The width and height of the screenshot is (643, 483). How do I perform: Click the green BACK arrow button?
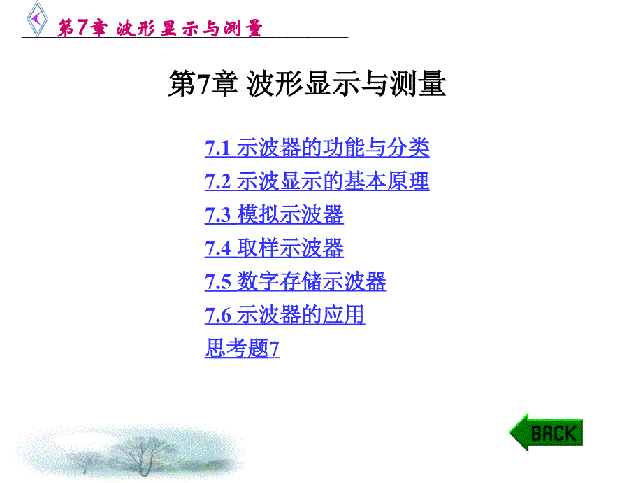point(546,433)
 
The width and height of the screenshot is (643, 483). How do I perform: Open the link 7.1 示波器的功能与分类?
point(317,148)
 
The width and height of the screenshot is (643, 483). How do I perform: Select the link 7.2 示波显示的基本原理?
point(317,181)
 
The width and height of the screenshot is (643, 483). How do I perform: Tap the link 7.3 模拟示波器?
point(274,215)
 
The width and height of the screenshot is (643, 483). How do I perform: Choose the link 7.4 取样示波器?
point(274,248)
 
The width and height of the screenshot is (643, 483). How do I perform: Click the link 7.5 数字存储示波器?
point(295,281)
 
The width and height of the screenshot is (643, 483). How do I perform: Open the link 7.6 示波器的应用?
point(284,316)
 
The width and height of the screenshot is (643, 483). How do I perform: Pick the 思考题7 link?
point(242,349)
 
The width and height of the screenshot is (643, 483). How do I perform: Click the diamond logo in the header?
point(37,19)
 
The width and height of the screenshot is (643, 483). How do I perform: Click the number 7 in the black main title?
point(203,84)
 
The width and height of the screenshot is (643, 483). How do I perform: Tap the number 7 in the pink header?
point(82,27)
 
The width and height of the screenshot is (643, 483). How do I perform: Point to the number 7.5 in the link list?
point(218,282)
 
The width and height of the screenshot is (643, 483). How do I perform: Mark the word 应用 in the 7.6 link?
point(344,316)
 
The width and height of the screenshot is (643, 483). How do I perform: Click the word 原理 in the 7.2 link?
point(408,181)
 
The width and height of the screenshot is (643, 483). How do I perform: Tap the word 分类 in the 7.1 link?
point(408,148)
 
